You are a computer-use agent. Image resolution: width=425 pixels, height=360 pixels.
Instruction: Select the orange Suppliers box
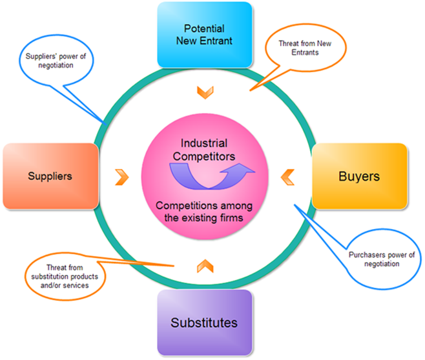tap(50, 175)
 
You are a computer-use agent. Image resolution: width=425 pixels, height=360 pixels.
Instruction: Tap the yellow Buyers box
tap(359, 175)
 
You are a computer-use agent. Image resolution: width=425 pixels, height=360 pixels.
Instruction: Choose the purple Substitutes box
tap(203, 322)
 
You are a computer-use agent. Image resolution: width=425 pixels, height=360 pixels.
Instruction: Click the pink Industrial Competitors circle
tap(204, 177)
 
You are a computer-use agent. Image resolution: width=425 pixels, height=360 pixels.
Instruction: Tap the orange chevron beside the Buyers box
tap(287, 175)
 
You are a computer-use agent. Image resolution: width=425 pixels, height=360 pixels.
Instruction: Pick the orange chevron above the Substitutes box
tap(204, 264)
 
